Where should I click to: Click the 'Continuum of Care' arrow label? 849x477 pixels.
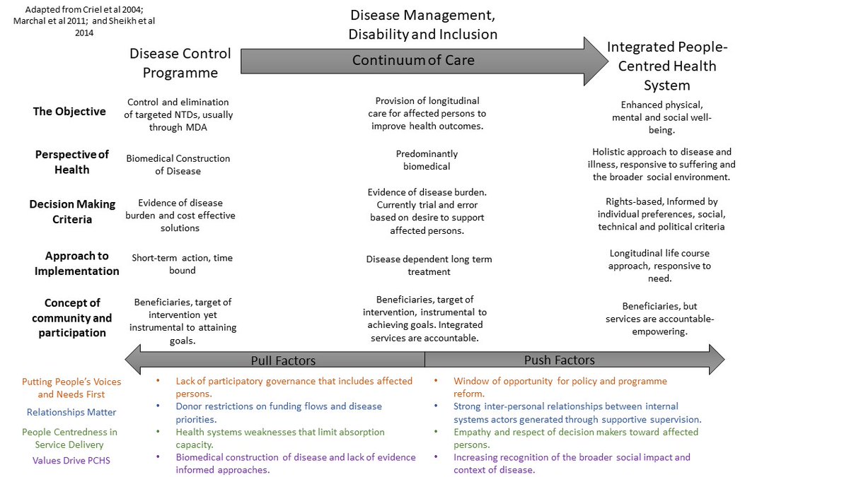(413, 61)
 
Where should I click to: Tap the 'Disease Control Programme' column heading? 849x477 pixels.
(180, 63)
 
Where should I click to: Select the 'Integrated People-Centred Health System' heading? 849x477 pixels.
(666, 66)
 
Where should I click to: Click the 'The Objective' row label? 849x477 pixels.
(69, 111)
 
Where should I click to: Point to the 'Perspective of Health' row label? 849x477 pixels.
(72, 162)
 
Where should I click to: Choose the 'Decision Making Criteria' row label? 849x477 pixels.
(72, 211)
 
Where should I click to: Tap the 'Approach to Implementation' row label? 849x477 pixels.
(77, 263)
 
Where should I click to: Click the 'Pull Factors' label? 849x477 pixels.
(283, 360)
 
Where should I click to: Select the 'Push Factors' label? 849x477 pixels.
(559, 360)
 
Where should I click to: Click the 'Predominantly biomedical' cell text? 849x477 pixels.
(427, 160)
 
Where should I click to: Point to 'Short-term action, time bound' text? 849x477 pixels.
(182, 264)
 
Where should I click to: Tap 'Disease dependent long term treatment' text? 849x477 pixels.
(429, 265)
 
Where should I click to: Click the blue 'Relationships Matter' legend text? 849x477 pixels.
(71, 412)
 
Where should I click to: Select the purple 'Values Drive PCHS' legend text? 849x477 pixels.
(71, 460)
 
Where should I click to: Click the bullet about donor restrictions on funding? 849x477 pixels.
(279, 413)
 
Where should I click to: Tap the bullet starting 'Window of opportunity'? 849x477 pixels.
(560, 387)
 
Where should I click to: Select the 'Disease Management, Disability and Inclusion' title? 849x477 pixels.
(423, 24)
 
